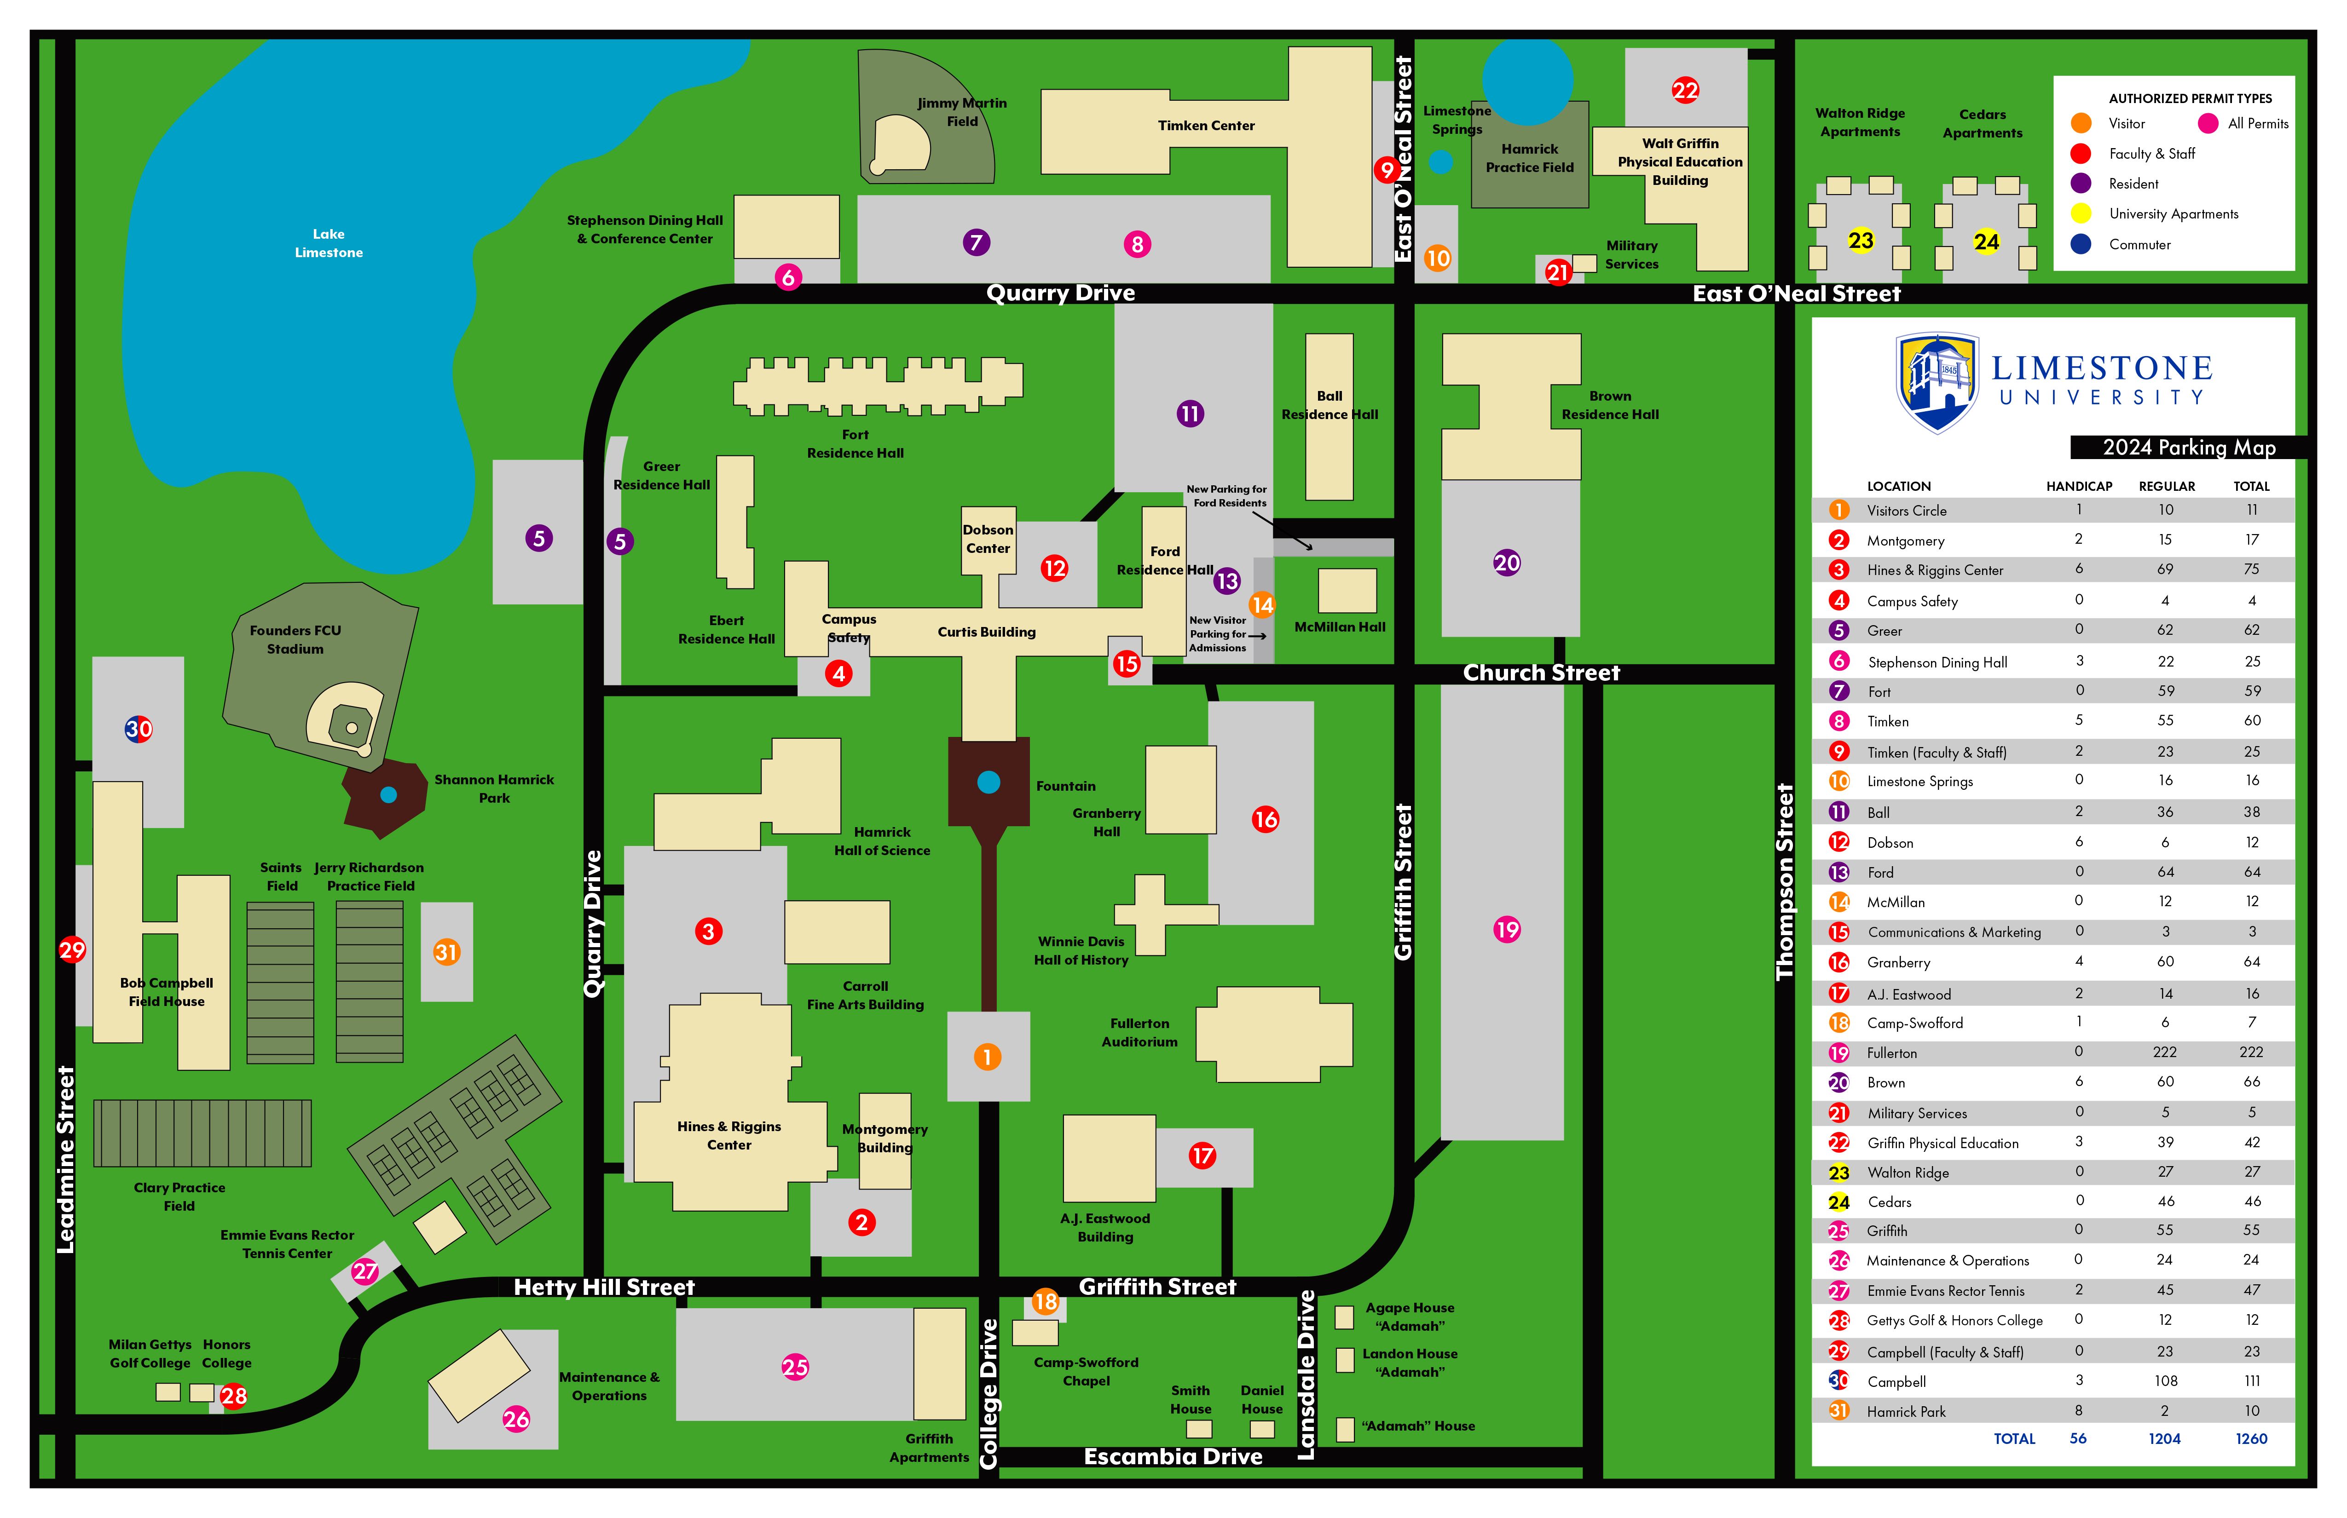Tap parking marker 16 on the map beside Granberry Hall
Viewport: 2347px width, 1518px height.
(1265, 819)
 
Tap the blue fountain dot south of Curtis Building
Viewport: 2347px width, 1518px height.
(989, 782)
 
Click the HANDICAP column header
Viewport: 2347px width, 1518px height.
(2079, 486)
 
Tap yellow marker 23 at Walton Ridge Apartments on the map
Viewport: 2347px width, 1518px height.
(1861, 241)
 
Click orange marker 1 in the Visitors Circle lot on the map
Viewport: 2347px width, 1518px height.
(987, 1057)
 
